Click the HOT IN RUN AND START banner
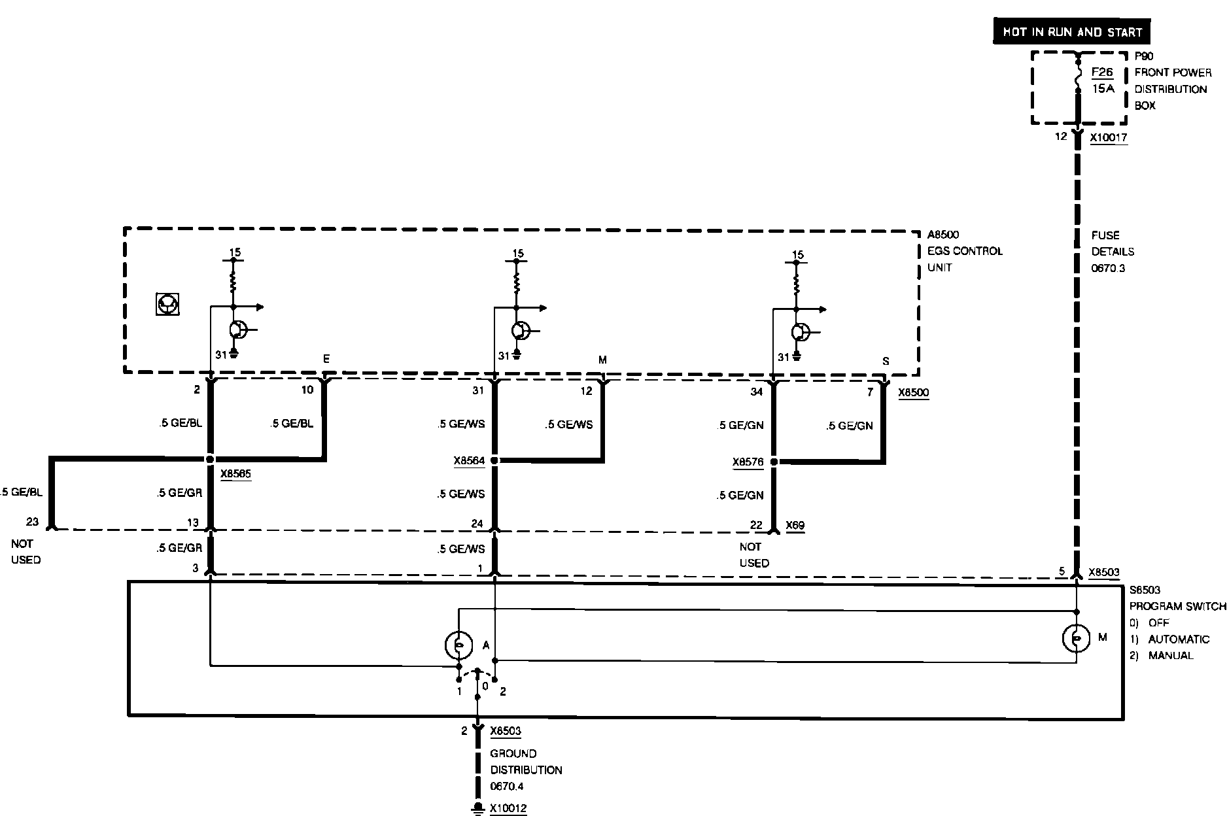click(1072, 32)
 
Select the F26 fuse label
click(1102, 73)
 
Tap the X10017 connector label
click(1109, 138)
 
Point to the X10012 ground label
click(508, 808)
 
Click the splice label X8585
click(235, 474)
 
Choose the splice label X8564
click(469, 461)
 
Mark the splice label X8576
click(748, 462)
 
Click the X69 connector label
click(795, 525)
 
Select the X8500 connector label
click(913, 393)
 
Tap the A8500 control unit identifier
click(943, 235)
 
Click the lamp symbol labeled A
click(458, 646)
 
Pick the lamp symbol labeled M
click(1076, 638)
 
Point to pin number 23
click(32, 522)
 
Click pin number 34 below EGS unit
click(756, 392)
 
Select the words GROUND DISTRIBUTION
click(526, 762)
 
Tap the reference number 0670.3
click(1108, 268)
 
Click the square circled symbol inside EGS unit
click(167, 304)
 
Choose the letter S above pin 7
click(886, 361)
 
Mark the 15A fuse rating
click(1103, 88)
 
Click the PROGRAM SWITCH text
click(1177, 607)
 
